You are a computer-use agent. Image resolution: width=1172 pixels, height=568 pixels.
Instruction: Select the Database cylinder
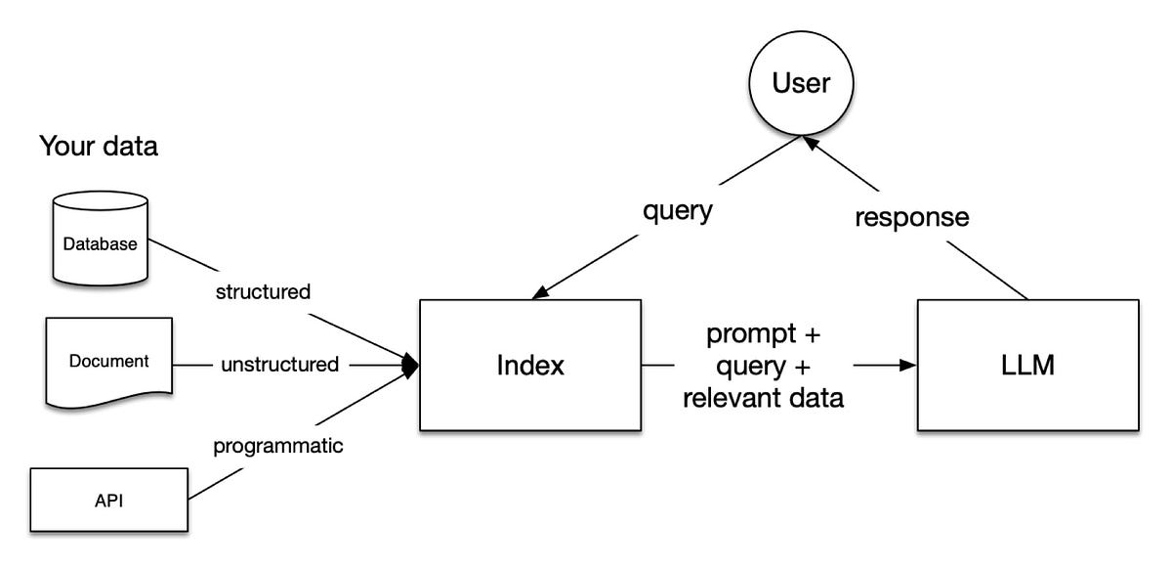click(100, 239)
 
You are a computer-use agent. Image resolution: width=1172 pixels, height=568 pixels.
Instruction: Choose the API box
click(108, 500)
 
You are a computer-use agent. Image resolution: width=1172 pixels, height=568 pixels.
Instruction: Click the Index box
click(530, 366)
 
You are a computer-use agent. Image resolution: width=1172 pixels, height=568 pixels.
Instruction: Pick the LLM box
click(1028, 366)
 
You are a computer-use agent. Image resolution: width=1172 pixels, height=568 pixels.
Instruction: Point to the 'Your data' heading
click(99, 146)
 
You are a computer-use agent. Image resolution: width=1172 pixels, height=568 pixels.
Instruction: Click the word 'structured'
click(263, 291)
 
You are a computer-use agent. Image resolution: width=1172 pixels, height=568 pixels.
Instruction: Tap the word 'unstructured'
click(280, 365)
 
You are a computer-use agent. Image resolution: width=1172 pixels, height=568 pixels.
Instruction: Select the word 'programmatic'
click(277, 447)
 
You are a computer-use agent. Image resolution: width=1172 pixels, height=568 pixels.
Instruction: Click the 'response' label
click(912, 217)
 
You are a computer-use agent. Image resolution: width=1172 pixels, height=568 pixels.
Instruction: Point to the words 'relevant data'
click(764, 398)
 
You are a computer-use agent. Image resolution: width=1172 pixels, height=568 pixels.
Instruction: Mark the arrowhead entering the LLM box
click(908, 365)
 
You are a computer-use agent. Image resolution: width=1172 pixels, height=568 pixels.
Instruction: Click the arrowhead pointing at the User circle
click(810, 143)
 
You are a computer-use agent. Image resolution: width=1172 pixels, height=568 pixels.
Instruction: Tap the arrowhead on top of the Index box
click(541, 292)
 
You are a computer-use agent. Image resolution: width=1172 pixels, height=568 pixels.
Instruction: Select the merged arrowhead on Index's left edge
click(411, 365)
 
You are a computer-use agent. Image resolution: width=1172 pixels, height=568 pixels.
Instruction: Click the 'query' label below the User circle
click(678, 211)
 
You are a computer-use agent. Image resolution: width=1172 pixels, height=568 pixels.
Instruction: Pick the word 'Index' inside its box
click(530, 365)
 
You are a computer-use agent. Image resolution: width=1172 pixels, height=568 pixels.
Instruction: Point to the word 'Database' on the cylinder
click(100, 244)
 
